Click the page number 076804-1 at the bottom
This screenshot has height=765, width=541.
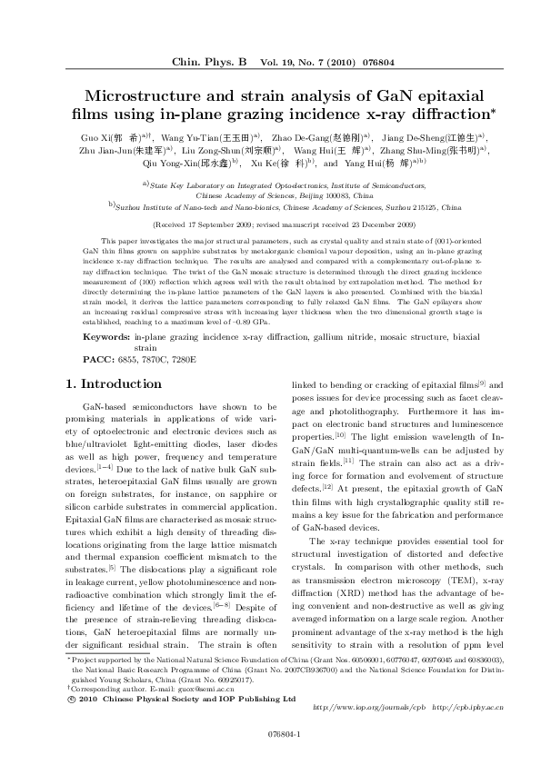pos(270,734)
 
